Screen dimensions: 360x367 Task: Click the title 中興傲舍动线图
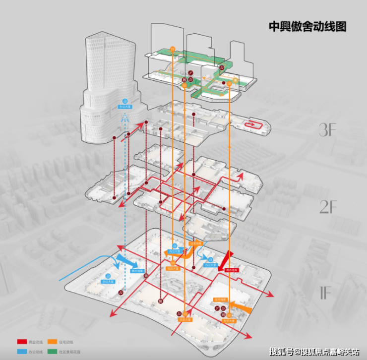tap(307, 26)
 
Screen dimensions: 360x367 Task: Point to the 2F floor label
tap(328, 206)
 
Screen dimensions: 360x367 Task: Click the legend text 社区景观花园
tap(68, 352)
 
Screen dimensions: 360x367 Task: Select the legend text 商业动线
tap(36, 342)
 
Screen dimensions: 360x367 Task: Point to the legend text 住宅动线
tap(66, 342)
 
